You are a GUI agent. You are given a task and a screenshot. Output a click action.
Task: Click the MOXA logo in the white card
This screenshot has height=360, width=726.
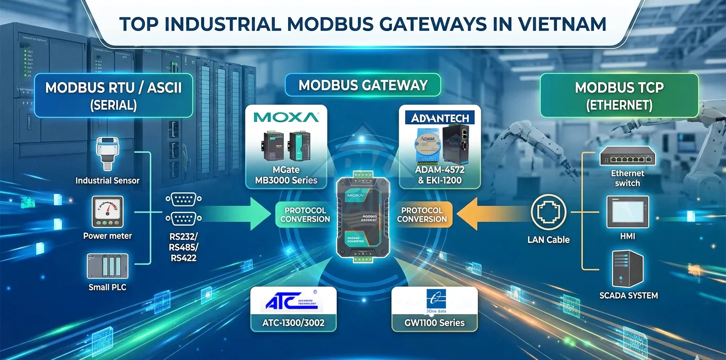[x=286, y=117]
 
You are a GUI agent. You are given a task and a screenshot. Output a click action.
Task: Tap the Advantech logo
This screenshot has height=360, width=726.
[x=440, y=118]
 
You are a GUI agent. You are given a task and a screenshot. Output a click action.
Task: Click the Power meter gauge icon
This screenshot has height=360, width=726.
[x=107, y=211]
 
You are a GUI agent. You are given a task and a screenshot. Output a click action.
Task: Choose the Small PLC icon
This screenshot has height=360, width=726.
[x=107, y=266]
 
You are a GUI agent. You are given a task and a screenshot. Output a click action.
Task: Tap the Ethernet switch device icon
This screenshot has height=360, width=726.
[x=628, y=157]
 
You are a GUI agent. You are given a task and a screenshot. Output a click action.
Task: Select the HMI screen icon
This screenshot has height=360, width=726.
[x=628, y=211]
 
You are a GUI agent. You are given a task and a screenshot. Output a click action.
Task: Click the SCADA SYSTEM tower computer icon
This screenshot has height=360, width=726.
[x=628, y=268]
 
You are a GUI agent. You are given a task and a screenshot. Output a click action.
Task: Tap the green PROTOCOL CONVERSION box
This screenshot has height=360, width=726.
[x=305, y=215]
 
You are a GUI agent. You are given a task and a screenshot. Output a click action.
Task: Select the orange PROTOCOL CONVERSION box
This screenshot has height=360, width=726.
[x=422, y=215]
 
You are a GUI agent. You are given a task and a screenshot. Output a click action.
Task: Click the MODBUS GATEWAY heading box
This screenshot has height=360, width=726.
[x=363, y=85]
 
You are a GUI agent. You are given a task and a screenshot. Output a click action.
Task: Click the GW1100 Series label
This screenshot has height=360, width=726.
[x=434, y=323]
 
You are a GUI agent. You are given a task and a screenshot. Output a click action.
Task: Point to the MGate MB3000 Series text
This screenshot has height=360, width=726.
[x=286, y=175]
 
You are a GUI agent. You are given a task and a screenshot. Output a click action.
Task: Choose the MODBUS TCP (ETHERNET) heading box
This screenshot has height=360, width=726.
[x=619, y=96]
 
